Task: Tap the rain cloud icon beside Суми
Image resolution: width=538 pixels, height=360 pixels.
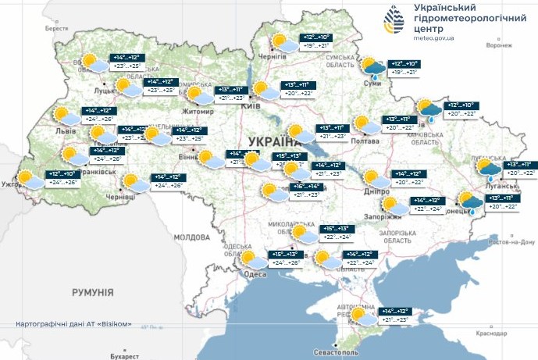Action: (372, 68)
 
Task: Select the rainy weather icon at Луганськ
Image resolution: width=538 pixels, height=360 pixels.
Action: (490, 168)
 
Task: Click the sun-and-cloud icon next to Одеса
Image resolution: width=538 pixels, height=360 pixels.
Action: (252, 260)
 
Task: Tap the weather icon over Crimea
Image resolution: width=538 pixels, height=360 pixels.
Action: (362, 316)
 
